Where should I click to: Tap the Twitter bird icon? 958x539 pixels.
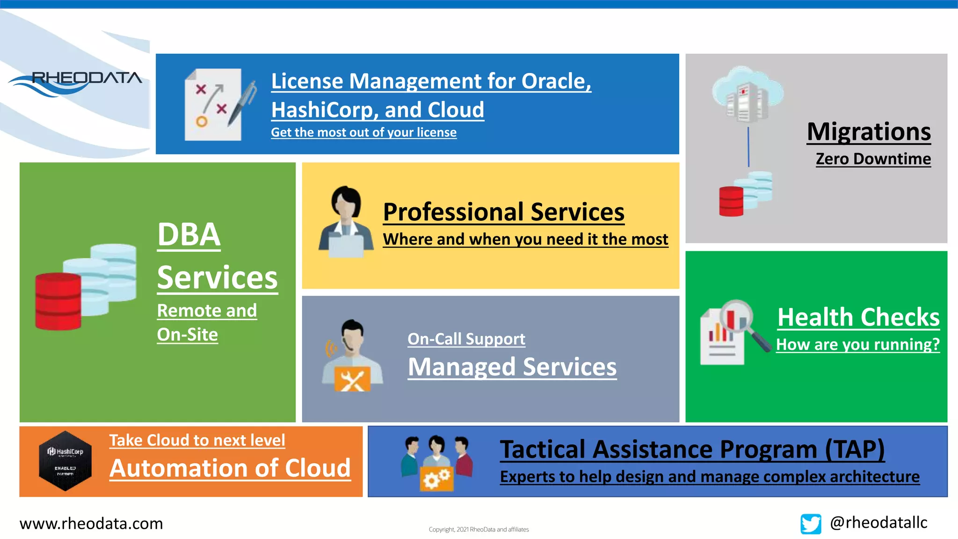click(x=811, y=524)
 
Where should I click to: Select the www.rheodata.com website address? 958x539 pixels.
click(x=91, y=524)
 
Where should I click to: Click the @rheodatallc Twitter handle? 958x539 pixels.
click(x=878, y=523)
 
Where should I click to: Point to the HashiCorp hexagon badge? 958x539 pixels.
click(x=65, y=461)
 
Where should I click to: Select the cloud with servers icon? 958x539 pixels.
click(x=747, y=94)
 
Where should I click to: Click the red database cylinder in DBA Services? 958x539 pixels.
click(x=58, y=301)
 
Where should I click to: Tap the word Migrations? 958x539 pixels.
click(x=869, y=132)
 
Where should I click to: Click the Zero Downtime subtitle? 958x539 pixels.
click(x=873, y=159)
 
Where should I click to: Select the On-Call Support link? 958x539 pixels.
click(x=466, y=339)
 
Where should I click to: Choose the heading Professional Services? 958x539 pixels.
click(x=503, y=212)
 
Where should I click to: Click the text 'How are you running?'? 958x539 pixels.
click(x=857, y=345)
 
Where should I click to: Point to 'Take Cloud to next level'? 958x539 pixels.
click(x=197, y=440)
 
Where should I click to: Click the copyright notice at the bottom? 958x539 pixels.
click(x=479, y=530)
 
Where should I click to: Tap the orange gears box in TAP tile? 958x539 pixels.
click(x=436, y=478)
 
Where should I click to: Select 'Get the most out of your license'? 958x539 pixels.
click(x=363, y=132)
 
